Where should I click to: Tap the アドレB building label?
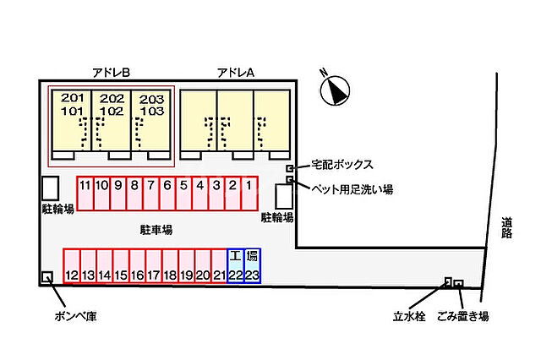point(111,73)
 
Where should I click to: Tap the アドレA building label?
point(236,73)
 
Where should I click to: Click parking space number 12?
point(72,265)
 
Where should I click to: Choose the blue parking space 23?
point(252,265)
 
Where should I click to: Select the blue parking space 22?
point(236,265)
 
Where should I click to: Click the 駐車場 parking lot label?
point(156,229)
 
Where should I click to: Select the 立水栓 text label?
point(409,317)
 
